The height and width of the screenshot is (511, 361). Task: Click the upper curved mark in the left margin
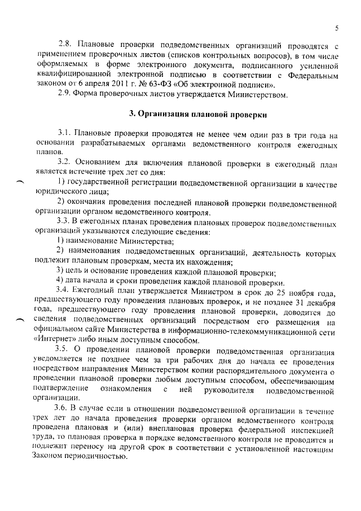pyautogui.click(x=21, y=182)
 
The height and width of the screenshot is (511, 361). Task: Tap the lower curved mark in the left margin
pyautogui.click(x=21, y=321)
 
